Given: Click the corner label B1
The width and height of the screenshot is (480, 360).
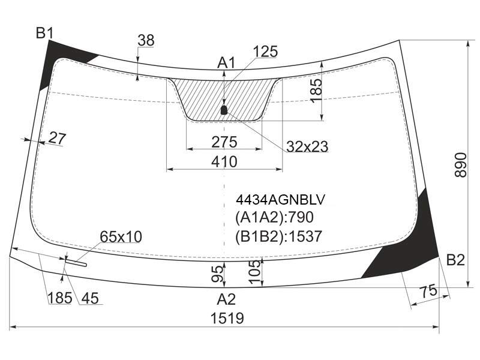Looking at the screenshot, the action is pyautogui.click(x=44, y=33).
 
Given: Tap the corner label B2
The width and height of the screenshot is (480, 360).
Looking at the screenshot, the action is pyautogui.click(x=455, y=260).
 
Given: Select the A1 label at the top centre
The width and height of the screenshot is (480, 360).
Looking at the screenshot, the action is pyautogui.click(x=226, y=63).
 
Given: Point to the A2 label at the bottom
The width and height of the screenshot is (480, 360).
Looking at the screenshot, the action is pyautogui.click(x=227, y=299).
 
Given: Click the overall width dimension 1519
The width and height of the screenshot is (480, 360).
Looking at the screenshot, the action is pyautogui.click(x=227, y=319).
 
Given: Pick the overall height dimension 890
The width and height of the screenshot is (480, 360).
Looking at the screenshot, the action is pyautogui.click(x=460, y=165).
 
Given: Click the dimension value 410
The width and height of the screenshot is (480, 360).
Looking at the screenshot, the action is pyautogui.click(x=224, y=161).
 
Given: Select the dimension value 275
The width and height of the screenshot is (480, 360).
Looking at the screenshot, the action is pyautogui.click(x=224, y=142).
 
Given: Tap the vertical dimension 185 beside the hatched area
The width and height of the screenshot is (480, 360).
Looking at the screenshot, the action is pyautogui.click(x=316, y=91).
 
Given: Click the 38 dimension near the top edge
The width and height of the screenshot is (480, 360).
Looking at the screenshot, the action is pyautogui.click(x=146, y=40).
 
